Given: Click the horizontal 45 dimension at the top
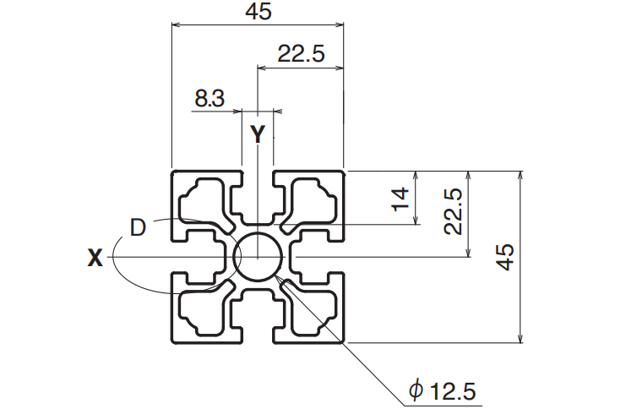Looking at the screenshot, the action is tap(259, 11).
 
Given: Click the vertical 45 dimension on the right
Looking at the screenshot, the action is tap(504, 257).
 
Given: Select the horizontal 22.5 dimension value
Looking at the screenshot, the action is tap(301, 54).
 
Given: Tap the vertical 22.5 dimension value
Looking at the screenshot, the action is tap(453, 211).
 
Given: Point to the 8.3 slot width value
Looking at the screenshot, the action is tap(210, 98).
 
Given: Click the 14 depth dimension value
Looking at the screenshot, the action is tap(400, 199).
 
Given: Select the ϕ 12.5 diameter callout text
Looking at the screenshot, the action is tap(443, 390).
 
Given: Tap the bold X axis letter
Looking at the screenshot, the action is tap(95, 258).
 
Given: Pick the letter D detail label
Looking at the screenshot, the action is tap(139, 227).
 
